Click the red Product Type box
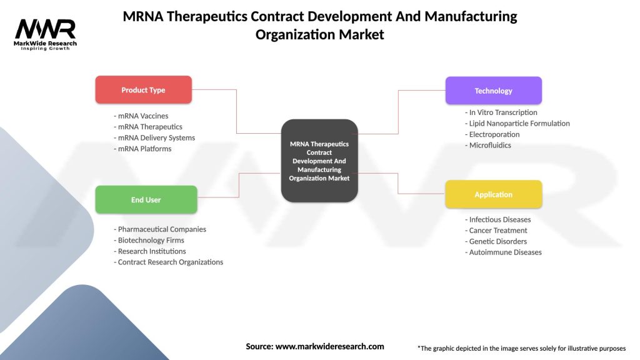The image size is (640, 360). pos(143,90)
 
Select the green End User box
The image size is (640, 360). pos(146,200)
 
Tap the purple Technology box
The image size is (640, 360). pos(493,91)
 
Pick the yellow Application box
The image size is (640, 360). pos(493,194)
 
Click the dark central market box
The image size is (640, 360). pos(319,161)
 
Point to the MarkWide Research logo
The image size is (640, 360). pos(46,34)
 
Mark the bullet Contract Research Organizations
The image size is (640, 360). pos(169,262)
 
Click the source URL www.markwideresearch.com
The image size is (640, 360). pos(329,346)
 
